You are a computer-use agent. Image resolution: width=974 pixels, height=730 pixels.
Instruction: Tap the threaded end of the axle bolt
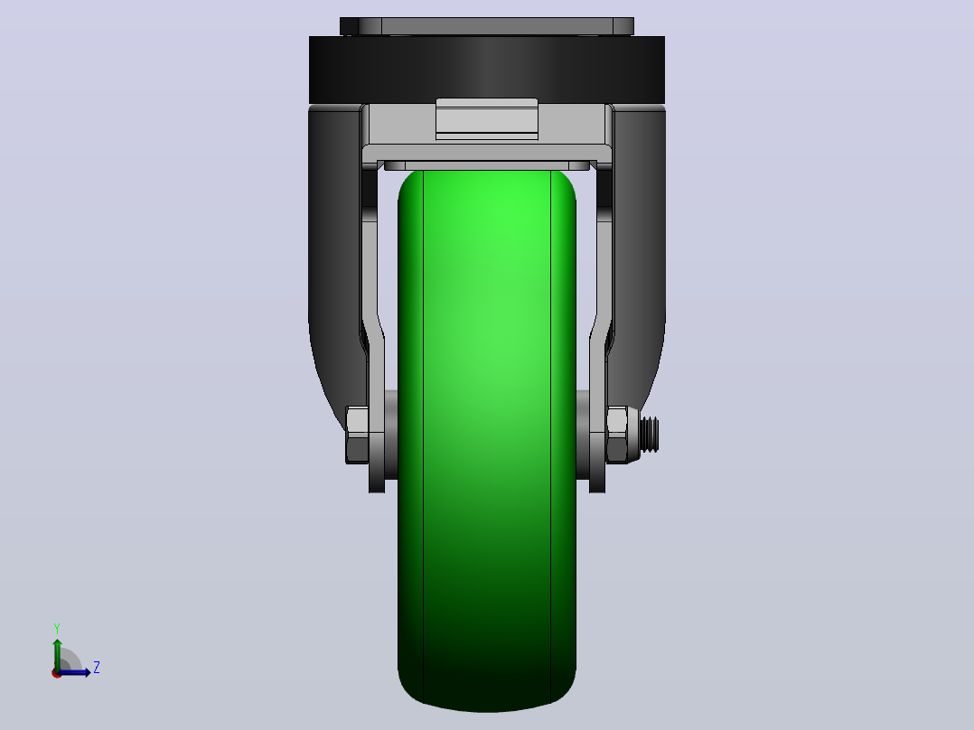(x=649, y=435)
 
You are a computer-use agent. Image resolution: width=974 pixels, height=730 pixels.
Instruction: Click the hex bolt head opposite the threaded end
(x=357, y=435)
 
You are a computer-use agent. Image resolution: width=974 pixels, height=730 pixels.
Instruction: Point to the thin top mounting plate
(x=487, y=26)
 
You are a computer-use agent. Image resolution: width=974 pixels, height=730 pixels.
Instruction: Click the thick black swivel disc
(x=487, y=70)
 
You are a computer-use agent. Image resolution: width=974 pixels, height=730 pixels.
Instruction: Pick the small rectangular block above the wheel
(x=487, y=118)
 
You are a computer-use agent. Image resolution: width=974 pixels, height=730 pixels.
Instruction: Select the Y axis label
(x=57, y=629)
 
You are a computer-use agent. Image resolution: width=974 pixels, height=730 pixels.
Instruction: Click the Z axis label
(x=97, y=668)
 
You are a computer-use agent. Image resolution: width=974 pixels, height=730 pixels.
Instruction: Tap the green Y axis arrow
(x=57, y=654)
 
